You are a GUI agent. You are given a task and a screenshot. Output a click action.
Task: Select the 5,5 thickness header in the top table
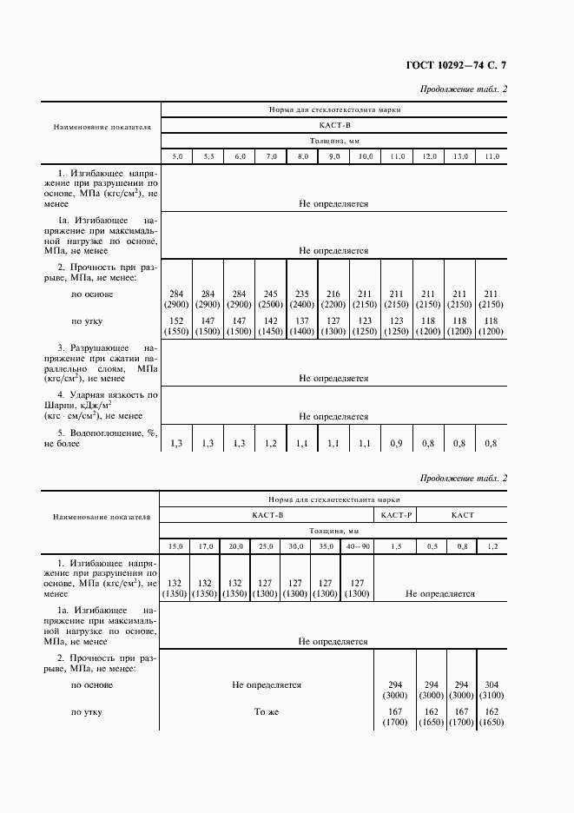pyautogui.click(x=208, y=156)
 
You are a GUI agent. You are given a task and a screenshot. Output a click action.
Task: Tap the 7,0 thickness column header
pyautogui.click(x=272, y=156)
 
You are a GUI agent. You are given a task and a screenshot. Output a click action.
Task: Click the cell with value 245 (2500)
pyautogui.click(x=272, y=300)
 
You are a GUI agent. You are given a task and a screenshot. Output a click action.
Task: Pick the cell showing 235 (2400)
pyautogui.click(x=303, y=300)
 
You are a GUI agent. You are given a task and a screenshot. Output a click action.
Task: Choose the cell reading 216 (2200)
pyautogui.click(x=333, y=300)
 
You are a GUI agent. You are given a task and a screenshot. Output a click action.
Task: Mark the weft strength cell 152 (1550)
pyautogui.click(x=177, y=327)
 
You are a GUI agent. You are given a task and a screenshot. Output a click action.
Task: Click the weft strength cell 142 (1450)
pyautogui.click(x=272, y=327)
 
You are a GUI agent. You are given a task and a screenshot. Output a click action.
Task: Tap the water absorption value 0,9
pyautogui.click(x=397, y=444)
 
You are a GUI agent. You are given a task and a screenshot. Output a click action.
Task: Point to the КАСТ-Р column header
pyautogui.click(x=397, y=515)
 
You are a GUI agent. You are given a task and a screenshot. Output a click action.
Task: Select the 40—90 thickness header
pyautogui.click(x=357, y=545)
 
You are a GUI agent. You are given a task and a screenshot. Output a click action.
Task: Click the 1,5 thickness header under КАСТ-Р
pyautogui.click(x=397, y=545)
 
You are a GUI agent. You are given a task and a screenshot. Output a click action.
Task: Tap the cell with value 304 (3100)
pyautogui.click(x=492, y=691)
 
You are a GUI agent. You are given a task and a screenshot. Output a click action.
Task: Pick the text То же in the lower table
pyautogui.click(x=266, y=712)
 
